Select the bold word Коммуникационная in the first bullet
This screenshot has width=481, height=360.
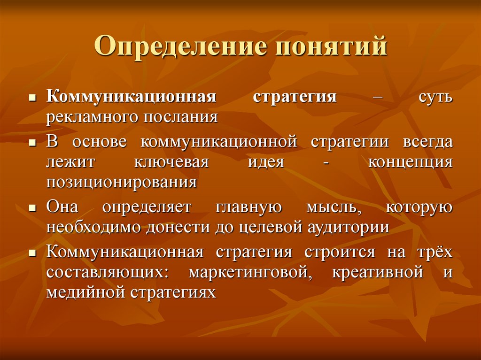(131, 97)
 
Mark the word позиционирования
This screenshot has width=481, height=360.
(121, 182)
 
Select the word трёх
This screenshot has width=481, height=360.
(434, 253)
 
